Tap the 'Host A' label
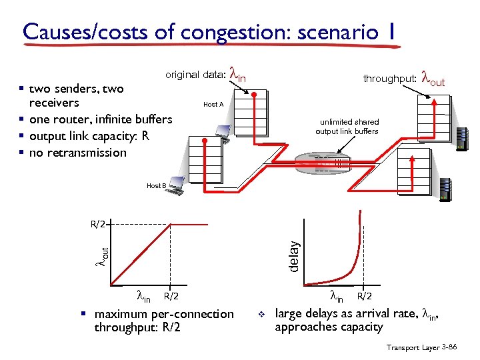click(213, 105)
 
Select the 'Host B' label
click(157, 185)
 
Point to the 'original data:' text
click(195, 75)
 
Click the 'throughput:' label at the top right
click(390, 79)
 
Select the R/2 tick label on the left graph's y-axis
click(98, 224)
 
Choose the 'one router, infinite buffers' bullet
click(101, 119)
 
